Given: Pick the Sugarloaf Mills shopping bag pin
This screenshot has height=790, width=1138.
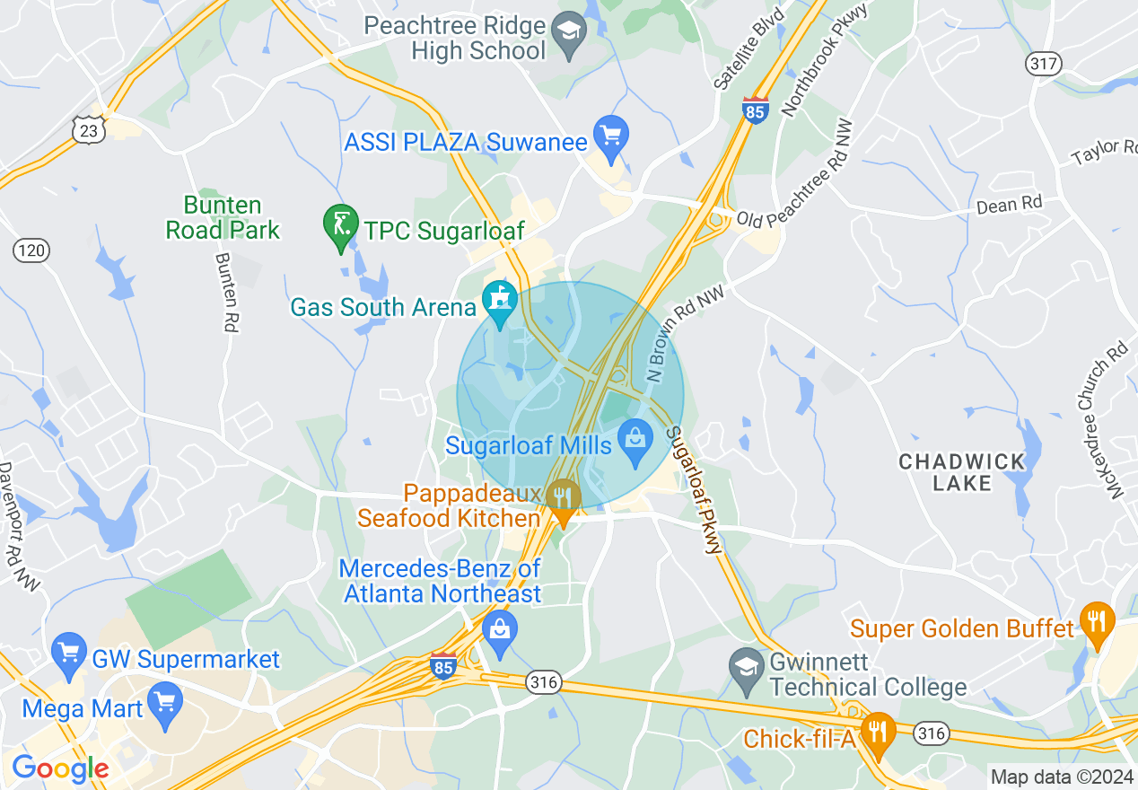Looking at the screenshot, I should click(x=635, y=442).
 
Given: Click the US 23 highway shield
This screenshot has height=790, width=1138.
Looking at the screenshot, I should click(x=91, y=131).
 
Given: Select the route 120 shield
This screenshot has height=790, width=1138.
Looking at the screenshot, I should click(x=31, y=250).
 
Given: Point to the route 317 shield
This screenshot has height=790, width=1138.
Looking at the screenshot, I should click(x=1043, y=64).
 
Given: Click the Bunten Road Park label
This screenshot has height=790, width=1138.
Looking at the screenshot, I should click(x=223, y=217).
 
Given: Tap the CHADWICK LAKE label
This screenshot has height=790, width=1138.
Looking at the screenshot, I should click(x=962, y=472).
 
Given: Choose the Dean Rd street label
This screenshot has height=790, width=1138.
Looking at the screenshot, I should click(x=1009, y=204).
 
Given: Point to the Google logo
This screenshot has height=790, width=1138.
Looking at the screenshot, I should click(x=59, y=768).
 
